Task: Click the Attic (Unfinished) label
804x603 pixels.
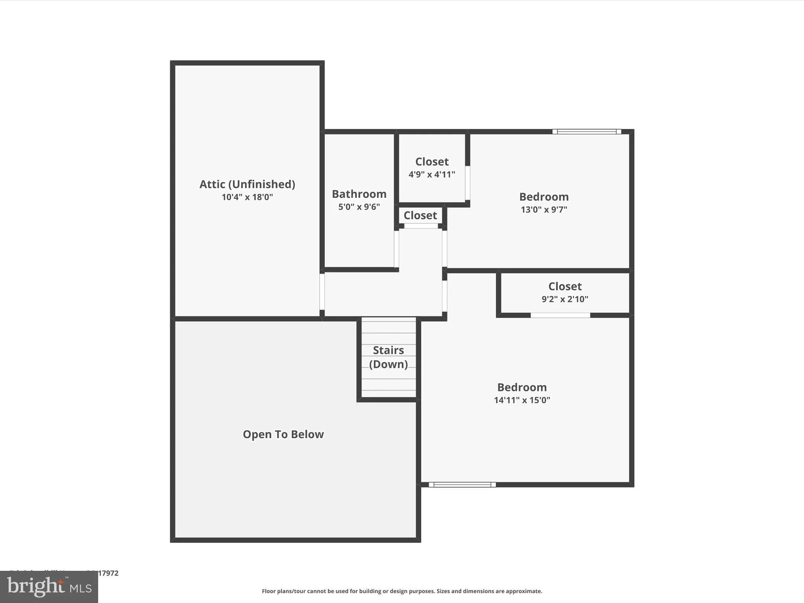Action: click(247, 184)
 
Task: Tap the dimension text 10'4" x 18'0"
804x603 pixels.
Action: click(247, 197)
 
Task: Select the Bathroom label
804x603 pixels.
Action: click(359, 194)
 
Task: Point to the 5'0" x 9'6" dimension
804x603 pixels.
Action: click(359, 207)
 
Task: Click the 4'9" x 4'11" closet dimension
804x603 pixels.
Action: click(431, 174)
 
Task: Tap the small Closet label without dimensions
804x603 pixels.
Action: click(420, 216)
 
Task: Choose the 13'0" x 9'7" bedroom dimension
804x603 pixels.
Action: click(544, 210)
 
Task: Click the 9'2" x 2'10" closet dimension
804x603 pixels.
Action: click(565, 299)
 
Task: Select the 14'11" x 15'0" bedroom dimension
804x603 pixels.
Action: click(522, 400)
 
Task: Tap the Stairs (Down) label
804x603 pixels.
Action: click(388, 357)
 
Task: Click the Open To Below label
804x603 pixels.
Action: click(283, 434)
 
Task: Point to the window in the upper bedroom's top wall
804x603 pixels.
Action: click(587, 132)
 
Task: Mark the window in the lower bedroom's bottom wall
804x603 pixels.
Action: click(462, 484)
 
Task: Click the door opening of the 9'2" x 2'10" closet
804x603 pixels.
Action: click(560, 315)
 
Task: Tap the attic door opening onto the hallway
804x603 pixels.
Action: click(322, 292)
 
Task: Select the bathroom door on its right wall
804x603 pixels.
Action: click(397, 249)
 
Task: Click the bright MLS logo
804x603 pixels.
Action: click(49, 587)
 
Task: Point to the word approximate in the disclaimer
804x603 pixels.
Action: click(524, 591)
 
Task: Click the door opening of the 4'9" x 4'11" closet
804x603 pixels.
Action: click(468, 183)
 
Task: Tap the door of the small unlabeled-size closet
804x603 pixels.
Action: click(421, 226)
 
